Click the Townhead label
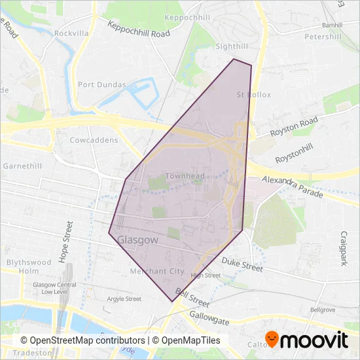[185, 176]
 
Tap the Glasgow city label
[138, 240]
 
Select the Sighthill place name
[233, 47]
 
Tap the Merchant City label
[157, 271]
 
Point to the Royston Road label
[295, 126]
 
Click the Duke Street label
[242, 264]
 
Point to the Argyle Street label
[124, 299]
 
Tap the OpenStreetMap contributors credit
[82, 340]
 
